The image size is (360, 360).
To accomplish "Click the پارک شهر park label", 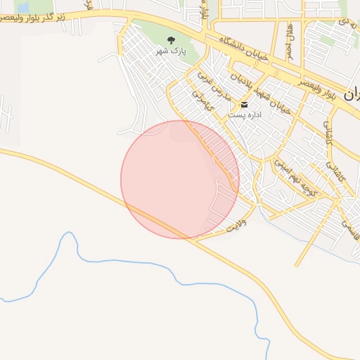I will tap(172, 51).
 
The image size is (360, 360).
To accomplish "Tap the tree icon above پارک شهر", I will tap(172, 40).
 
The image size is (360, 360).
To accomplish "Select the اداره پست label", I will tap(244, 115).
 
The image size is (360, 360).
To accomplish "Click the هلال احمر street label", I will tap(289, 40).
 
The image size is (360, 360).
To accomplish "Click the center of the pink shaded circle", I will tap(180, 179).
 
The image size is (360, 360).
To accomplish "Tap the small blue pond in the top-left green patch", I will tap(22, 7).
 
